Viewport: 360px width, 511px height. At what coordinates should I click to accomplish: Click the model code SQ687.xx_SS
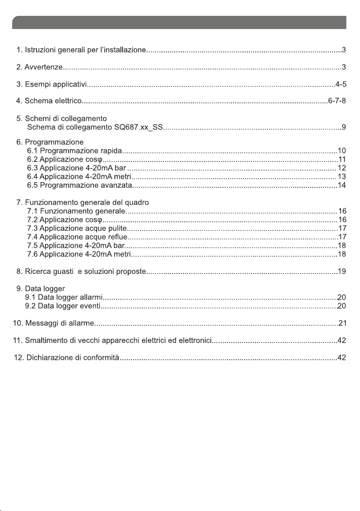[x=138, y=127]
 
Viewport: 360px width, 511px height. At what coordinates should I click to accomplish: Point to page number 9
[x=344, y=127]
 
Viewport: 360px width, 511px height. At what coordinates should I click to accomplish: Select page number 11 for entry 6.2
[x=342, y=159]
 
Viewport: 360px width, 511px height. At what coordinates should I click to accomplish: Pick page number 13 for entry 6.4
[x=342, y=176]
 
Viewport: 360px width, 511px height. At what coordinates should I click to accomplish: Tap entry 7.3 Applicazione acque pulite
[x=76, y=228]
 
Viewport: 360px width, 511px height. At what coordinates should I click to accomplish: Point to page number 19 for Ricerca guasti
[x=342, y=271]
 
